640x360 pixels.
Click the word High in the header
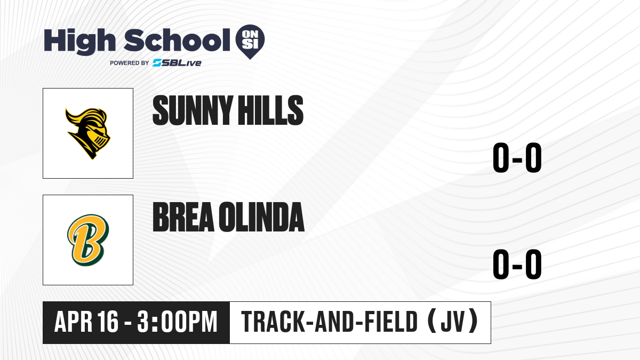pyautogui.click(x=79, y=41)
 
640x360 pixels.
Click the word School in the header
pyautogui.click(x=177, y=40)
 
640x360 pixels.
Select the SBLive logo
pyautogui.click(x=177, y=63)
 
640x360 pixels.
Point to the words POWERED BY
pyautogui.click(x=130, y=63)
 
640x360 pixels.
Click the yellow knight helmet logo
pyautogui.click(x=88, y=133)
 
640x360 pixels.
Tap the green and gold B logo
pyautogui.click(x=88, y=240)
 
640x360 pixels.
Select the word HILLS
pyautogui.click(x=271, y=110)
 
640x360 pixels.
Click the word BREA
pyautogui.click(x=183, y=217)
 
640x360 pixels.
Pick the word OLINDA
pyautogui.click(x=262, y=217)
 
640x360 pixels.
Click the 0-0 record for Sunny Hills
pyautogui.click(x=517, y=157)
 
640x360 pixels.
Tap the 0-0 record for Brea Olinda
pyautogui.click(x=517, y=264)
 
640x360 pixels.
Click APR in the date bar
pyautogui.click(x=74, y=322)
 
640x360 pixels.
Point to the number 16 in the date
pyautogui.click(x=108, y=322)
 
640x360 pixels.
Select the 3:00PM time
pyautogui.click(x=177, y=322)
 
